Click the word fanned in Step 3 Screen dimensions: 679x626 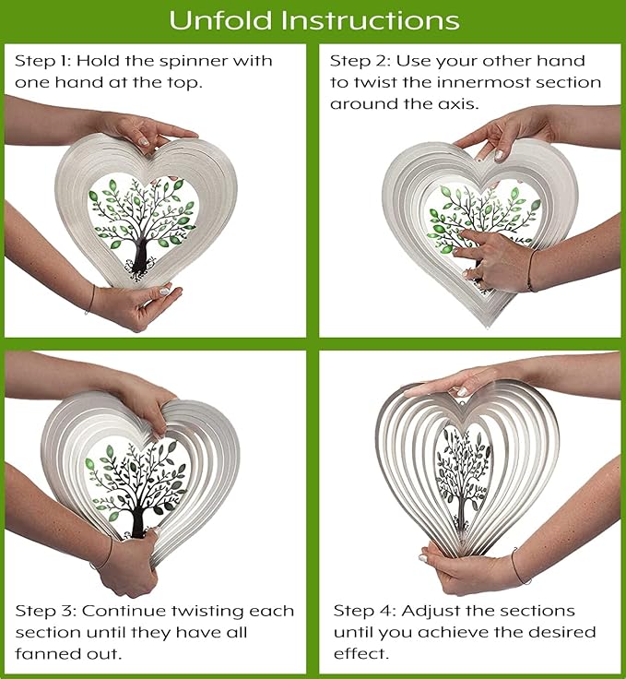(x=46, y=653)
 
